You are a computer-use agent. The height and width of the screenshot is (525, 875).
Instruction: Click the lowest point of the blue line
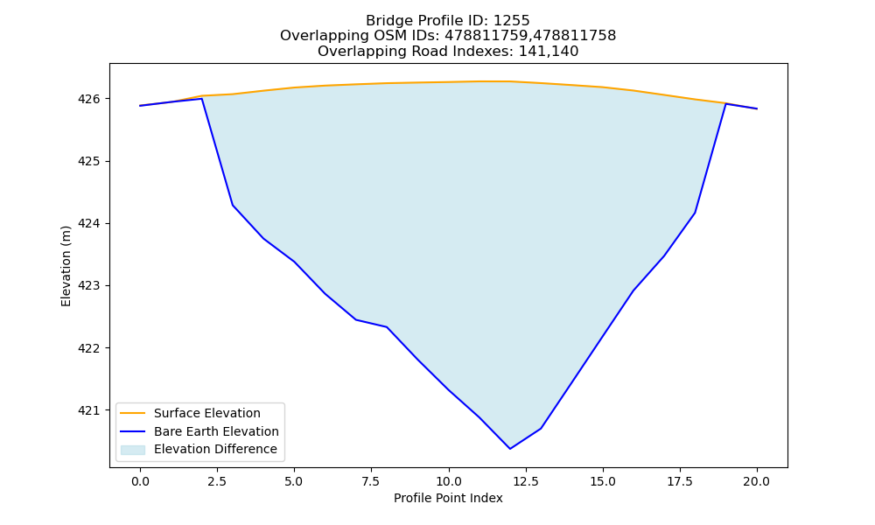pos(510,449)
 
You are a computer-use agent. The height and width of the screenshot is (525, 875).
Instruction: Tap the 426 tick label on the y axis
pos(88,99)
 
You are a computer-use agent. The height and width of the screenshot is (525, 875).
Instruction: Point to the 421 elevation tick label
pos(88,410)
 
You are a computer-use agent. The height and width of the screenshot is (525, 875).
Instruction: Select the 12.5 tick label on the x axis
pos(525,481)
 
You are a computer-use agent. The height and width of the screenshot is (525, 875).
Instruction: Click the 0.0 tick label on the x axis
pos(140,481)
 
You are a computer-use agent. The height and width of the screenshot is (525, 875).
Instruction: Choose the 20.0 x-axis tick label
pos(757,481)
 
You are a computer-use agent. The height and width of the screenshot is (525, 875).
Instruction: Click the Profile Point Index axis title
pos(448,498)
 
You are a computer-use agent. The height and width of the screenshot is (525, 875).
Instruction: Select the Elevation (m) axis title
pos(66,266)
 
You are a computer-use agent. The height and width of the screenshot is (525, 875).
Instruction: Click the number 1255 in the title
pos(512,21)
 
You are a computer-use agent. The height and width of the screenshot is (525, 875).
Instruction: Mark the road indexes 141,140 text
pos(549,52)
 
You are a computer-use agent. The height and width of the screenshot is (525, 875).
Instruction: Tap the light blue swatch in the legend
pos(133,450)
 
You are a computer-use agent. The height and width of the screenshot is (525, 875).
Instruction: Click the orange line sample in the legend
pos(133,413)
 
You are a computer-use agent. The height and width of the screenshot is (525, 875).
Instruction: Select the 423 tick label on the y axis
pos(88,286)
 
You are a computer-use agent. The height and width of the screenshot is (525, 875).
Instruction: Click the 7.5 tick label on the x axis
pos(371,481)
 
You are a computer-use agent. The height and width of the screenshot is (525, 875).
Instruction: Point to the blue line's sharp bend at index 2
pos(201,99)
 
